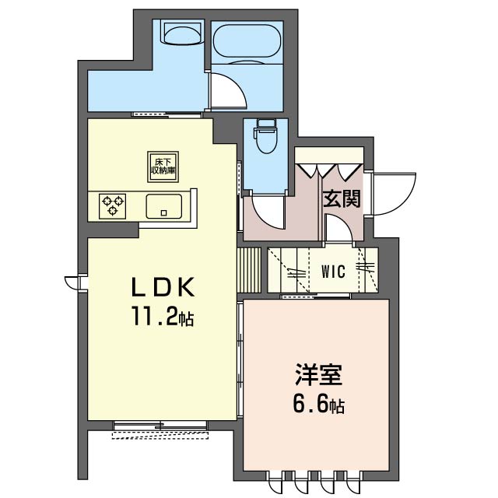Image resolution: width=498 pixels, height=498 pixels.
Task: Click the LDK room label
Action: click(x=163, y=287)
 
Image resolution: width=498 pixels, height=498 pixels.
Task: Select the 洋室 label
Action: click(x=318, y=375)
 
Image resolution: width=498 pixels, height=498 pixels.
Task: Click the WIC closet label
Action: click(x=333, y=272)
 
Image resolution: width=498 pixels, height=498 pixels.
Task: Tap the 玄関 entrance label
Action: click(x=342, y=199)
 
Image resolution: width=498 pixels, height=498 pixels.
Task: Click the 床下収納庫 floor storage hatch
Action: click(x=163, y=167)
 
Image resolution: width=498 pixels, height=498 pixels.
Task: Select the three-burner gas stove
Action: click(x=112, y=206)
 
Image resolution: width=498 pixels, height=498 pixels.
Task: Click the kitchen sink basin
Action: click(x=164, y=206)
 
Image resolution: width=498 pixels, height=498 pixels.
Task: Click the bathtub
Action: click(x=247, y=41)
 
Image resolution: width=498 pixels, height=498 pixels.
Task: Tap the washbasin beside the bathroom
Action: click(x=183, y=33)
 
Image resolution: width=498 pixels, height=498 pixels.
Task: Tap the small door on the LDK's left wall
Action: click(x=72, y=282)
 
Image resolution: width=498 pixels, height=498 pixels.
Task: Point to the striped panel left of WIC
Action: click(x=249, y=270)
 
